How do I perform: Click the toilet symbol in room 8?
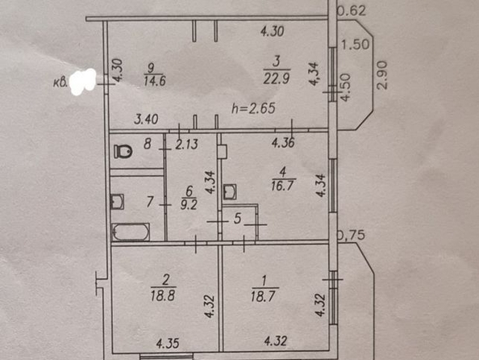tap(123, 152)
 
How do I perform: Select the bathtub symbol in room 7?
tap(131, 232)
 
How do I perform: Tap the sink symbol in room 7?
tap(117, 202)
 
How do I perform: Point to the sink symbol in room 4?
tap(229, 192)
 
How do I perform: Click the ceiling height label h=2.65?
tap(253, 109)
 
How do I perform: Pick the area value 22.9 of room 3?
tap(277, 79)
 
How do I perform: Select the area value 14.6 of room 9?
tap(155, 81)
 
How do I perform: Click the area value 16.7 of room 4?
tap(282, 186)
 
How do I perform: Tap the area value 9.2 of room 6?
tap(189, 205)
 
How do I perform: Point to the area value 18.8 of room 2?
tap(163, 295)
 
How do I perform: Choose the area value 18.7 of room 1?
tap(263, 296)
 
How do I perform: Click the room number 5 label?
tap(237, 219)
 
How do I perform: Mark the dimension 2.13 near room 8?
tap(186, 144)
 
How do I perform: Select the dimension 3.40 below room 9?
tap(146, 119)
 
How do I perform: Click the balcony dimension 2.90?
tap(382, 75)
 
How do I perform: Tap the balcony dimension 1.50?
tap(355, 44)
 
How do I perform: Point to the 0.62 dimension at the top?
tap(352, 11)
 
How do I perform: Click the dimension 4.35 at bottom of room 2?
tap(168, 344)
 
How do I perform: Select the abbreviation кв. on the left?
tap(60, 82)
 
